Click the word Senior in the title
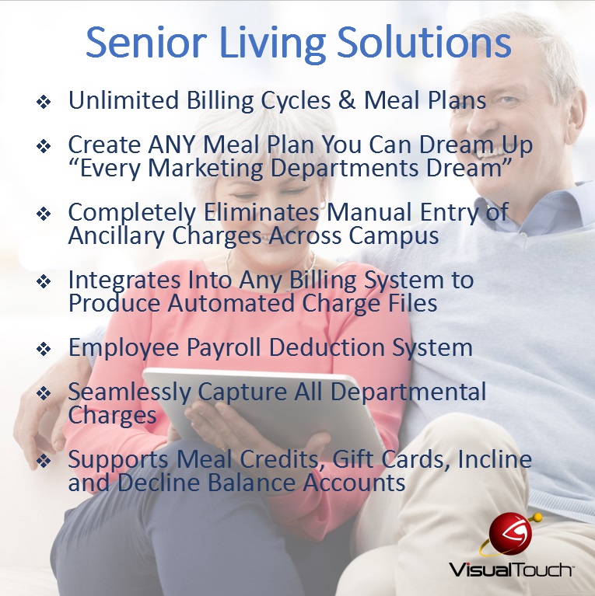(x=146, y=42)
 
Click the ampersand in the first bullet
(x=346, y=100)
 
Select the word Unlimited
(x=123, y=100)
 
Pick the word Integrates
(x=124, y=281)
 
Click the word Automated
(x=231, y=303)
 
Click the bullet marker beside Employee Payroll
(x=44, y=349)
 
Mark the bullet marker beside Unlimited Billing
(x=44, y=102)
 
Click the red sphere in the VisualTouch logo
(x=509, y=533)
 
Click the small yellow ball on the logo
(x=537, y=517)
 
